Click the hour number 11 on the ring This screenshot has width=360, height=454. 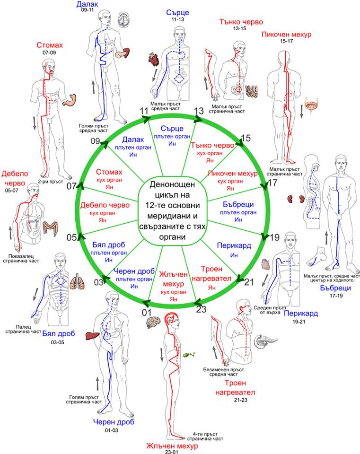pos(144,111)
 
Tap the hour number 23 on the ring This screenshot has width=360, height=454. pos(201,309)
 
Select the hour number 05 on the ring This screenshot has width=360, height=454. pos(71,237)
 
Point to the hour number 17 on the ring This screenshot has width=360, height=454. pos(272,183)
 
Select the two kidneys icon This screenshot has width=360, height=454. pos(296,199)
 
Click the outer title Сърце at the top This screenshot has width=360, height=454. pos(177,12)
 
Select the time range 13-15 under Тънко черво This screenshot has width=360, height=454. pos(239,28)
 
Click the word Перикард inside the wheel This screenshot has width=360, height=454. pos(234,245)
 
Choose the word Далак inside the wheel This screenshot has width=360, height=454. pos(133,140)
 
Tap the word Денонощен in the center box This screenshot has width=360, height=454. pos(172,184)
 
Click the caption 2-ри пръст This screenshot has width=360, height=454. pos(51,181)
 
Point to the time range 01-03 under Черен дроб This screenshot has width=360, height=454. pos(112,430)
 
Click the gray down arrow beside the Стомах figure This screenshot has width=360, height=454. pos(35,123)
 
